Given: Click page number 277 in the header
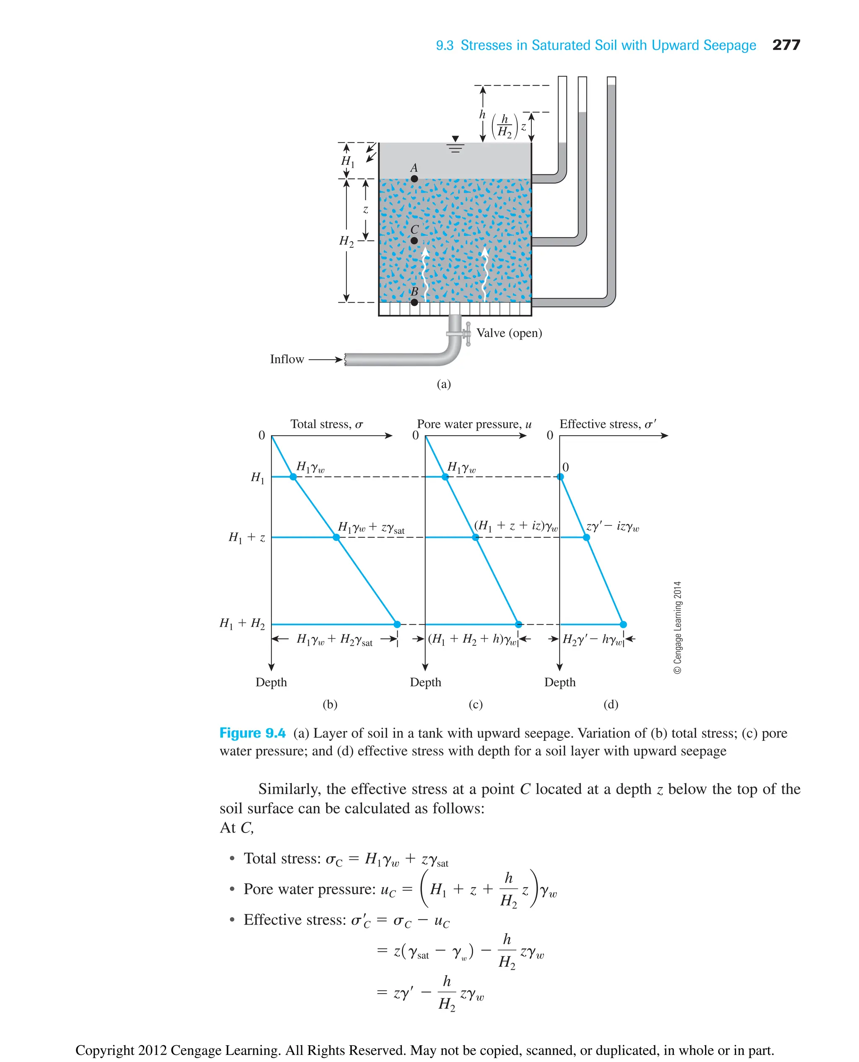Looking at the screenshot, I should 786,45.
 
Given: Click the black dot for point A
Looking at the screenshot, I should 414,179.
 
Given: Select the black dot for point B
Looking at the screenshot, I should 414,302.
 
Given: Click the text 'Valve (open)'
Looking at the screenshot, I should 509,333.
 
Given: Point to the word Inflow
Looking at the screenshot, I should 286,359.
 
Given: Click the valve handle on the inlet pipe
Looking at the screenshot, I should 468,334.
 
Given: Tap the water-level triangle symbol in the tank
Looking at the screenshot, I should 455,139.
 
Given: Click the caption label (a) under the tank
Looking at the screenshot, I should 443,384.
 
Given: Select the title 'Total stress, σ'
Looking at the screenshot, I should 327,424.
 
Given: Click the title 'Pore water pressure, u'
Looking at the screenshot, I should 474,424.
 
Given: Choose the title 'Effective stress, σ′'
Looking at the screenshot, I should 608,424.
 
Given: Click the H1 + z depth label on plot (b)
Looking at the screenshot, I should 247,537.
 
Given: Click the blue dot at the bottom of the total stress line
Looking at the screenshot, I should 397,624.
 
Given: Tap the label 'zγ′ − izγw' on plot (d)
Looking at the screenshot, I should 612,526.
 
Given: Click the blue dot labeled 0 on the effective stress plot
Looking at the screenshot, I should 560,477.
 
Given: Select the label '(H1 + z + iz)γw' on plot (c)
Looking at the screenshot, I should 515,525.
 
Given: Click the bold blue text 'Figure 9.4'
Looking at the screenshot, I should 252,733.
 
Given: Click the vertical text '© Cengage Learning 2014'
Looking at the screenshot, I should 677,627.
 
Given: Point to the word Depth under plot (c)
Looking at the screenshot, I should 425,682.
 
